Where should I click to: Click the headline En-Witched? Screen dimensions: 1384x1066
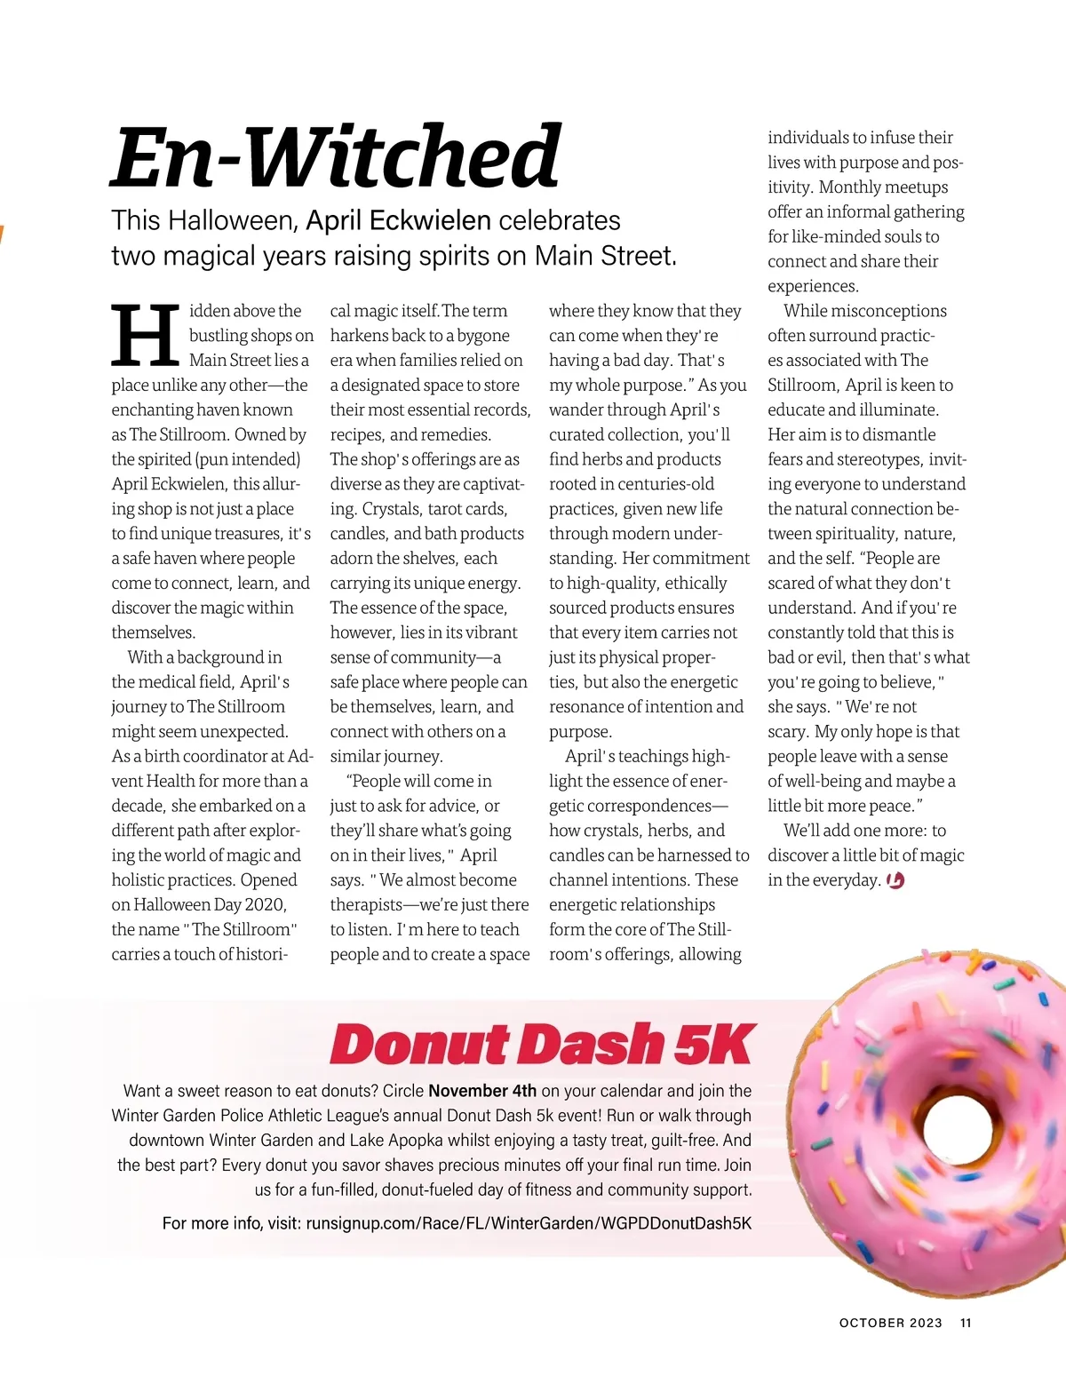[336, 156]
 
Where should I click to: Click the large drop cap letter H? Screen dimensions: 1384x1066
[145, 336]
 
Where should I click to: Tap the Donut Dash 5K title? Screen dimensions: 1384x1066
[542, 1045]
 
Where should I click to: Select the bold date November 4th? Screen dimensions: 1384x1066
[482, 1091]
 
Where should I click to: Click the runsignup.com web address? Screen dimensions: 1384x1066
[529, 1223]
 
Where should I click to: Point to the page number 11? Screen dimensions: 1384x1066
[966, 1323]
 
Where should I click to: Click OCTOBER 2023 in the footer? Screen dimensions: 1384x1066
[890, 1323]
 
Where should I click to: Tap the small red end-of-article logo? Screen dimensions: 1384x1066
[895, 880]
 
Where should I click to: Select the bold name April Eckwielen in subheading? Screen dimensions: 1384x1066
[399, 220]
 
